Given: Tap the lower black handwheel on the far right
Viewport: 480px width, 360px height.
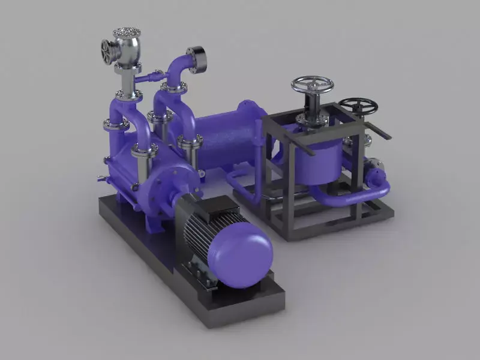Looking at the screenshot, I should [358, 106].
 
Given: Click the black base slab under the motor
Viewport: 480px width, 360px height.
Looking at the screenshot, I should [240, 306].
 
